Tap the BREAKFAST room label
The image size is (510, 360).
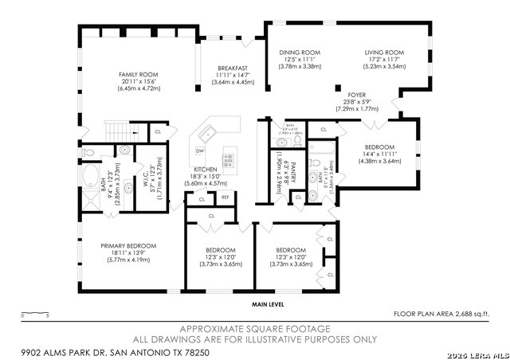[233, 68]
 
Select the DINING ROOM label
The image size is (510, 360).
[300, 53]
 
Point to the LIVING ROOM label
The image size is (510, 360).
[385, 53]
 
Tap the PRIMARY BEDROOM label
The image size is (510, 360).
[128, 245]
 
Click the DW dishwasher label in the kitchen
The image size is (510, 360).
[200, 151]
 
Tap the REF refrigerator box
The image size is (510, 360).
[226, 197]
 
